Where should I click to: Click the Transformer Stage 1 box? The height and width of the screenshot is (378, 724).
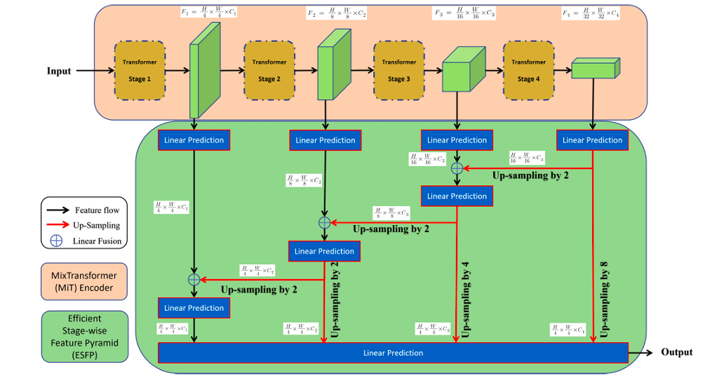[x=140, y=71]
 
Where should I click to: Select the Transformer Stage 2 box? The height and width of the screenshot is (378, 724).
[x=269, y=71]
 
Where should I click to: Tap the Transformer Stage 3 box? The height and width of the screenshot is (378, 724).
[x=399, y=71]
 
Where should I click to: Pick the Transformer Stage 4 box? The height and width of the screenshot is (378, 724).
[x=528, y=71]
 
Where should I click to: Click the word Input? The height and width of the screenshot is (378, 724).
[x=59, y=71]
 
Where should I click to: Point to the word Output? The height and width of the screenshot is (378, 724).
[x=676, y=352]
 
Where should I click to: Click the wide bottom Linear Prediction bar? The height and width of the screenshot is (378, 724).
[x=393, y=353]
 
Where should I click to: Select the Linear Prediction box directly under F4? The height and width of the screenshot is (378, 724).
[x=593, y=140]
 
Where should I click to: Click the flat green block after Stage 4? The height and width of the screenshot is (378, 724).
[x=595, y=68]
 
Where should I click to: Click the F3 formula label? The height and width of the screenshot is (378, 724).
[x=464, y=13]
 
